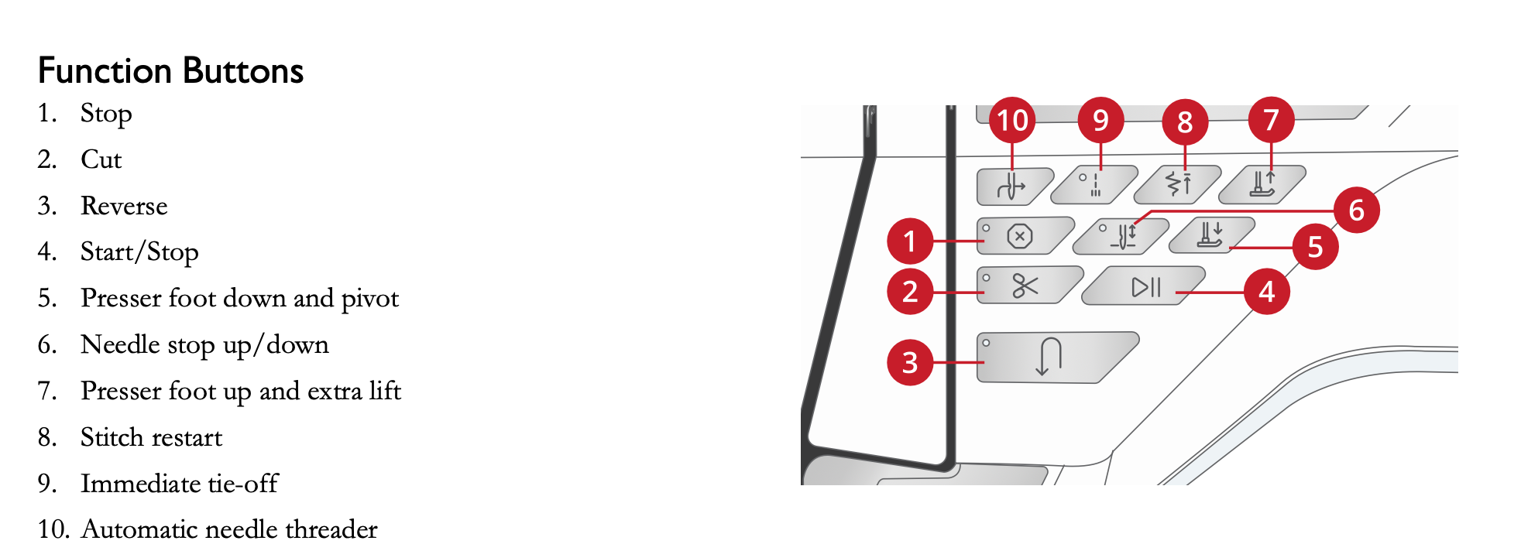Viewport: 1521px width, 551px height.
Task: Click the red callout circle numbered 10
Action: click(x=1012, y=120)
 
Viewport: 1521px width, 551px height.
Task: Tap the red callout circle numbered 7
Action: click(x=1271, y=120)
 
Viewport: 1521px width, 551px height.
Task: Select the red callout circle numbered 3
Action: click(x=910, y=362)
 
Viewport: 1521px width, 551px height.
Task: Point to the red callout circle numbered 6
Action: click(x=1356, y=210)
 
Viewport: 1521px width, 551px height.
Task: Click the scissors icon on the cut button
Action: click(x=1025, y=286)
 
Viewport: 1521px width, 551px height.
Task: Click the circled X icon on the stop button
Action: click(x=1019, y=236)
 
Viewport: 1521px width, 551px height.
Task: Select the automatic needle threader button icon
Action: click(x=1010, y=187)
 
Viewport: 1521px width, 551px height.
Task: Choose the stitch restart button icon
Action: click(x=1178, y=183)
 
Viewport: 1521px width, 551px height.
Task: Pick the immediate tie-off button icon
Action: click(x=1094, y=185)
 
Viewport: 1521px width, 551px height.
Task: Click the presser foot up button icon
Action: click(x=1262, y=184)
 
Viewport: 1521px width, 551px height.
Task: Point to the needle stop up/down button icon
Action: click(x=1124, y=236)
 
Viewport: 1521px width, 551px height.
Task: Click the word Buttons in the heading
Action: click(x=243, y=71)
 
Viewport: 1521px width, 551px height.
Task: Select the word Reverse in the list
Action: click(x=124, y=206)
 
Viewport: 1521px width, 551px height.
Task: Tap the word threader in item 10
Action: click(x=331, y=529)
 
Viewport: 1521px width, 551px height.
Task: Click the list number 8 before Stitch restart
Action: click(x=46, y=437)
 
